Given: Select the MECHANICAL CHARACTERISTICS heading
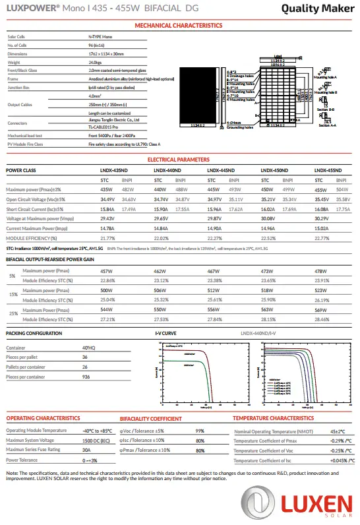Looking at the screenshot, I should click(x=179, y=25).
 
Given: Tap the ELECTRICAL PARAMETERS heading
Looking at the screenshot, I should click(x=179, y=160).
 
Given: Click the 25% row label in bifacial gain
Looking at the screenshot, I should click(x=13, y=313).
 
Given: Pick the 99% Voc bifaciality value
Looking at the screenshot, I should click(x=200, y=431).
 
